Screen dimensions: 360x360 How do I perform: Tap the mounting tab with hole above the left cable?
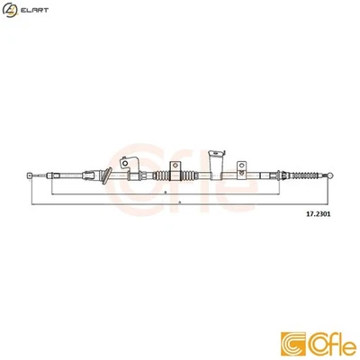(x=126, y=162)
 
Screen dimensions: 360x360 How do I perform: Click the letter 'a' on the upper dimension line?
(x=167, y=191)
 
